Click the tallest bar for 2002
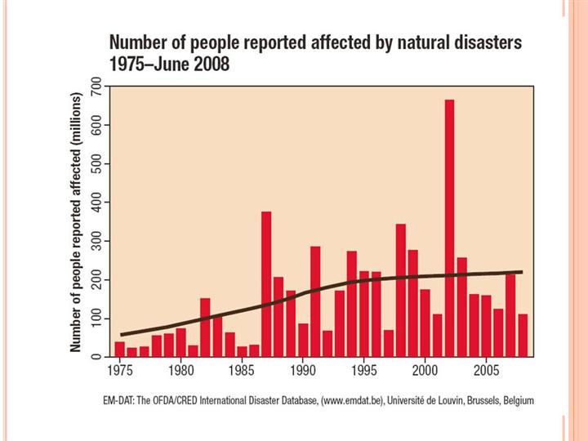click(x=449, y=229)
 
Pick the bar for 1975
click(x=119, y=350)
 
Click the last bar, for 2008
click(x=523, y=336)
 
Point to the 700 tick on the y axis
click(x=96, y=87)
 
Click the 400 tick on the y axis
click(x=96, y=203)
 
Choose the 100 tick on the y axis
click(x=96, y=318)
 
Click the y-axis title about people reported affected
click(x=76, y=221)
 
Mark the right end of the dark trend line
click(x=521, y=272)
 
